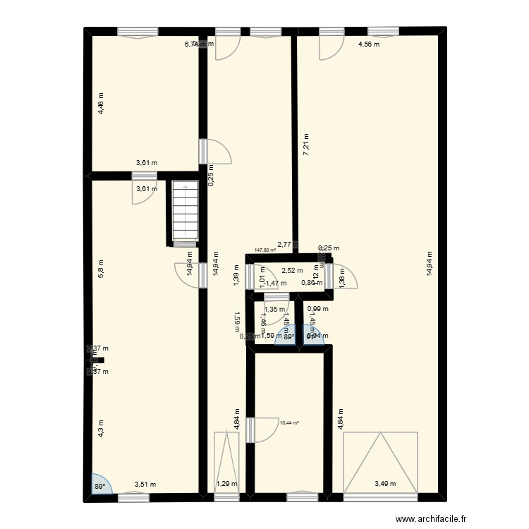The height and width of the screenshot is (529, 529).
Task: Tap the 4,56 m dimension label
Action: click(x=368, y=44)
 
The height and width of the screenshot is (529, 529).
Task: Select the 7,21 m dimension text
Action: click(x=306, y=145)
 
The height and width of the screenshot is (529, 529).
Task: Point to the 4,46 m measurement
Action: click(x=101, y=104)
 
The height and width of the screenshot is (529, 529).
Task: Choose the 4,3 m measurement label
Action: click(x=101, y=428)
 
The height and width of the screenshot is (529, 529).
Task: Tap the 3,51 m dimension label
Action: click(x=145, y=485)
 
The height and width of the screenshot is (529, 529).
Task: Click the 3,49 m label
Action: click(x=385, y=484)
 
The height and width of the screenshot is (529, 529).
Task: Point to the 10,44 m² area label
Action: click(x=290, y=423)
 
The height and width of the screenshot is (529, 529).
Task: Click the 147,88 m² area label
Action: click(x=265, y=249)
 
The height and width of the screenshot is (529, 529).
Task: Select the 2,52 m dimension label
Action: click(x=292, y=270)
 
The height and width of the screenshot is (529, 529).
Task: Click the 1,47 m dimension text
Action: click(x=276, y=284)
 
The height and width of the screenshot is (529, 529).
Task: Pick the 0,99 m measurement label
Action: click(x=319, y=308)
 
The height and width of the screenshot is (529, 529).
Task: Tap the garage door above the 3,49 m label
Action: click(x=381, y=461)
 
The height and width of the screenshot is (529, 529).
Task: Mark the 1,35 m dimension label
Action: click(x=274, y=309)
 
